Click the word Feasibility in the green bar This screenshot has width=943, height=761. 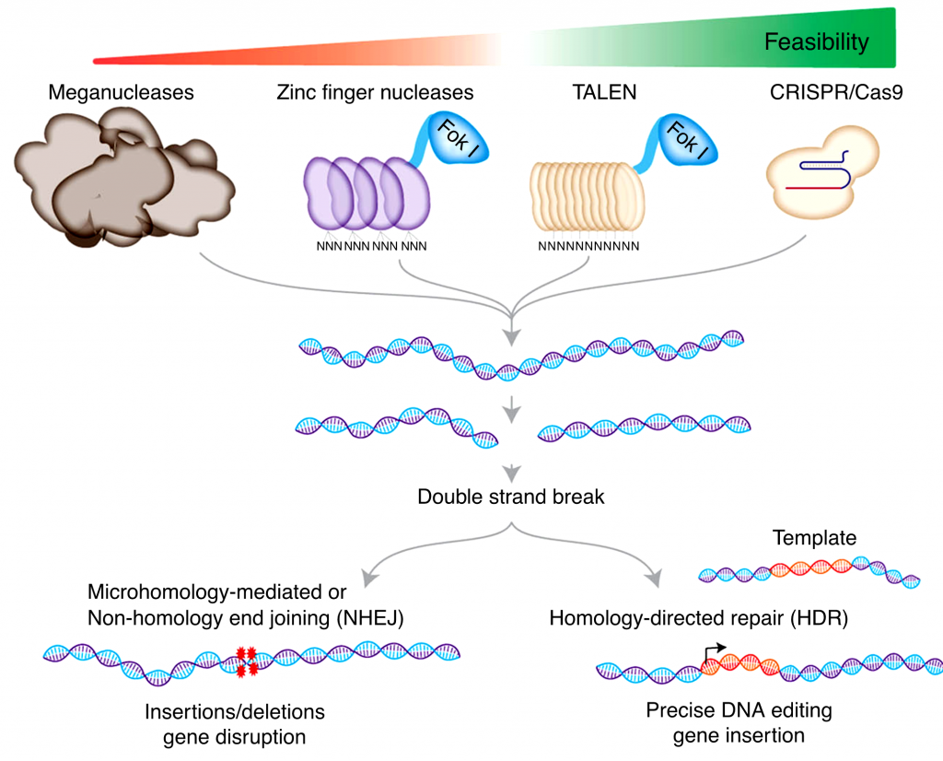click(817, 41)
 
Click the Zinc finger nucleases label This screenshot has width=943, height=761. click(375, 92)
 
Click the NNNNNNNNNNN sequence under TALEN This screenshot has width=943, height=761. click(588, 247)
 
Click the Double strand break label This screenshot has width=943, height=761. click(511, 497)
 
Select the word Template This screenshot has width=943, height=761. click(814, 538)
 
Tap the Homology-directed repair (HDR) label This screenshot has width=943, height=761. click(697, 617)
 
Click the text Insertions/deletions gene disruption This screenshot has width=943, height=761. click(235, 724)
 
